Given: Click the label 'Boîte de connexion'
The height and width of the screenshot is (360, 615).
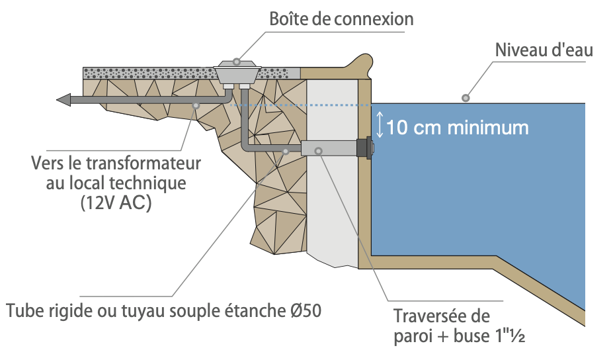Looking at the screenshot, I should point(341,19).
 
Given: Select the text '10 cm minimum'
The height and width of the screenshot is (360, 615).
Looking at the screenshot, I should point(457,126).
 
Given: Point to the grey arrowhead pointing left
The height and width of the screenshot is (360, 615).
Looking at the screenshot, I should point(64,100).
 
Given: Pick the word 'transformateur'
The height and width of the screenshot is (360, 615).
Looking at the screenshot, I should point(147,162).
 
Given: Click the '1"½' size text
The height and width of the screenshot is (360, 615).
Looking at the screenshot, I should point(509,336).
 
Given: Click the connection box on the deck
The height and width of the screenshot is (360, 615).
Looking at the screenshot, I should point(237,71).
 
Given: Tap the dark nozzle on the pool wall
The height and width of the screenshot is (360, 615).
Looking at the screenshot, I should point(364,149).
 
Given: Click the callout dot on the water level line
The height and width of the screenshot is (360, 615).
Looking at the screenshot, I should point(466,98).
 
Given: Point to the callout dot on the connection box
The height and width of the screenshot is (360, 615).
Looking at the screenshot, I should point(237,62).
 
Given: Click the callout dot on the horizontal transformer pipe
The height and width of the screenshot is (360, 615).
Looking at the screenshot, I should point(196,105).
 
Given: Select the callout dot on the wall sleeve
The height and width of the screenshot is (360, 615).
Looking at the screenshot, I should point(319,151).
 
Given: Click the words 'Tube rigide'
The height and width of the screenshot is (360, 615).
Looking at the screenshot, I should point(46,310).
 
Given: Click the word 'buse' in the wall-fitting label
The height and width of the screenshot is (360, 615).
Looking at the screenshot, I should point(471,336).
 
